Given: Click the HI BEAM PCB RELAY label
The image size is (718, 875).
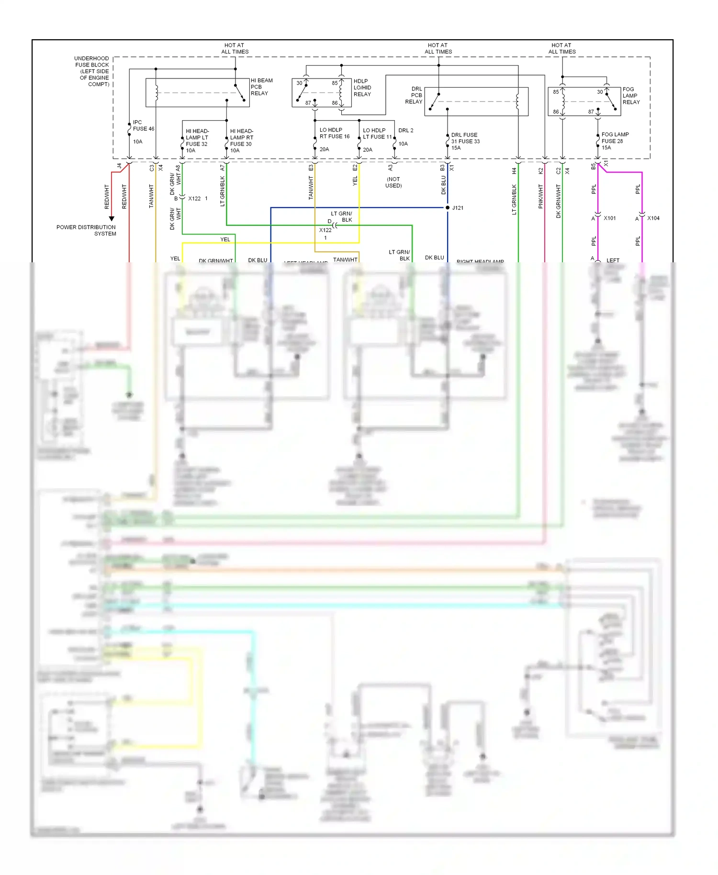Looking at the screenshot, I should click(x=261, y=87).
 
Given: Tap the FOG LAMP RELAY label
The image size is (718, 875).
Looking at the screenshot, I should click(x=630, y=96).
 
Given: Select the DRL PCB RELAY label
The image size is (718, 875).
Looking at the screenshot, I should click(x=414, y=95).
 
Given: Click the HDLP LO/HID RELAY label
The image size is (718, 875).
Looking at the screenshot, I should click(x=362, y=88).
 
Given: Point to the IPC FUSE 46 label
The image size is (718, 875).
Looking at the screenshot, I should click(x=143, y=126).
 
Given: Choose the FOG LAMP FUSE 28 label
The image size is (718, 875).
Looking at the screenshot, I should click(x=614, y=138).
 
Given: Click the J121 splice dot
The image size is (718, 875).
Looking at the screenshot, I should click(x=448, y=208).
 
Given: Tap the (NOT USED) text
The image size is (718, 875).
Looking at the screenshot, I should click(x=393, y=182).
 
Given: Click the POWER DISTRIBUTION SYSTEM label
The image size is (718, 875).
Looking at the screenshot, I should click(x=86, y=230).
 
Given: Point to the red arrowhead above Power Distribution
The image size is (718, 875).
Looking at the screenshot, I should click(x=112, y=219).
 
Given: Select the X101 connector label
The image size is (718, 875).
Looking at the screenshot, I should click(x=609, y=218).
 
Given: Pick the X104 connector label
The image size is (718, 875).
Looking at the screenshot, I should click(x=653, y=218).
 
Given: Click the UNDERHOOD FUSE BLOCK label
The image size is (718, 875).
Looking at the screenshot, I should click(x=92, y=71).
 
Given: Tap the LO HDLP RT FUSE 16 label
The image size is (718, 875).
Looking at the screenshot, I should click(x=334, y=133).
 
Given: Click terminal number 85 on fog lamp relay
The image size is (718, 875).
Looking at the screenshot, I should click(x=556, y=92).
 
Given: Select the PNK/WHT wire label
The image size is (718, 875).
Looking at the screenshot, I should click(x=541, y=196).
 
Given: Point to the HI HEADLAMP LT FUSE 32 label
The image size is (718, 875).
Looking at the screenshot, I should click(x=197, y=137).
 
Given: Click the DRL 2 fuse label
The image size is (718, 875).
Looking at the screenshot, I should click(x=405, y=130).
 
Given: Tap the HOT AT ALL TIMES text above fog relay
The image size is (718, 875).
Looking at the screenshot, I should click(x=562, y=48).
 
